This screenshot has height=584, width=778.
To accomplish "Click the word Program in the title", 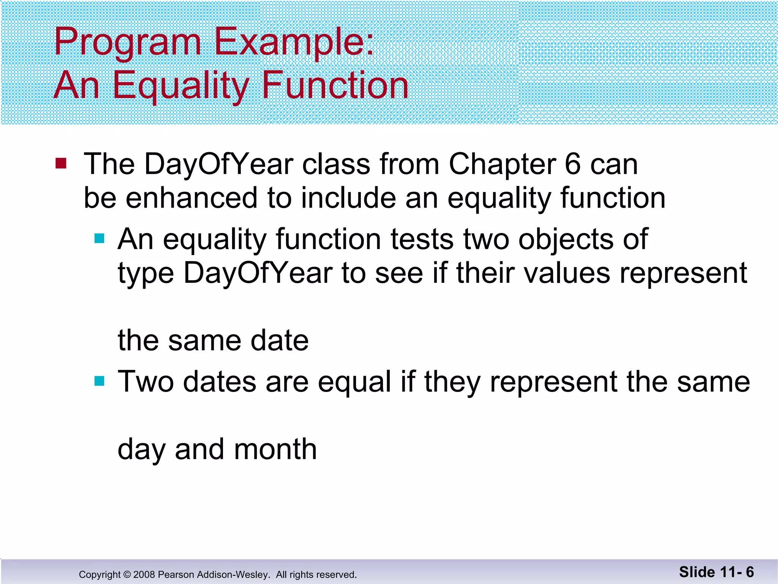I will click(x=127, y=43).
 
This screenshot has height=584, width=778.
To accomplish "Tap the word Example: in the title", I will click(x=294, y=43).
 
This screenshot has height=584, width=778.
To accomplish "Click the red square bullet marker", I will click(x=61, y=163).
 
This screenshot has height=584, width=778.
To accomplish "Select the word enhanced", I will click(x=191, y=198).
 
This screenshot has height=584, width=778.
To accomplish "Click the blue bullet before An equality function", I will click(x=100, y=238).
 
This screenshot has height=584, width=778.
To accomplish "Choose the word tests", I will click(x=422, y=240).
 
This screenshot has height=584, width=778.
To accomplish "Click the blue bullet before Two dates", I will click(x=100, y=381).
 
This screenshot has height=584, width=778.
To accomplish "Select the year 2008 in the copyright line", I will click(x=144, y=574).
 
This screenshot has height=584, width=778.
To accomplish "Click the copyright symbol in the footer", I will click(x=127, y=574).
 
